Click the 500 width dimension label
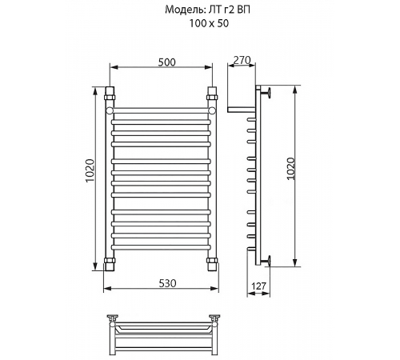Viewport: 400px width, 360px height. pyautogui.click(x=167, y=62)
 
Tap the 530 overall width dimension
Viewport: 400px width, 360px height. pyautogui.click(x=167, y=283)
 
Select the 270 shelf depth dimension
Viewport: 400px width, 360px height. pyautogui.click(x=242, y=61)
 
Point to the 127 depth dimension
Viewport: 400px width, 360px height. pyautogui.click(x=258, y=286)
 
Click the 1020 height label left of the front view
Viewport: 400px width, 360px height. pyautogui.click(x=90, y=170)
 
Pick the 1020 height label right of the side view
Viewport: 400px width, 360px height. pyautogui.click(x=291, y=169)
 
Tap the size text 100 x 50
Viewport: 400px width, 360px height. pyautogui.click(x=209, y=23)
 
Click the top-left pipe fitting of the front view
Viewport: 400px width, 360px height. pyautogui.click(x=110, y=93)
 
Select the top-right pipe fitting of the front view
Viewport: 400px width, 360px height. pyautogui.click(x=212, y=93)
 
